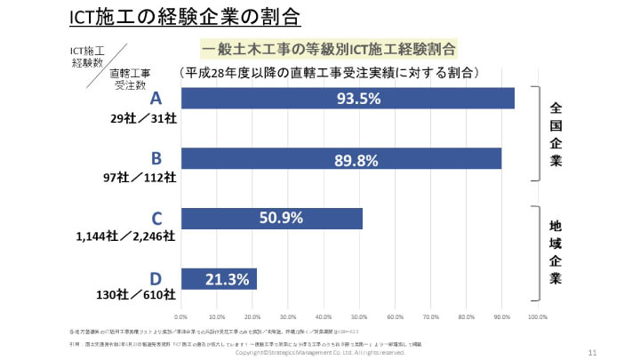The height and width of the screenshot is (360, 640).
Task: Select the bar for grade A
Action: (347, 98)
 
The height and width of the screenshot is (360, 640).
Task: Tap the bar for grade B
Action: (340, 159)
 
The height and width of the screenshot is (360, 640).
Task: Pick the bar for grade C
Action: (271, 218)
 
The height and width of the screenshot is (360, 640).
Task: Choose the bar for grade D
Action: (219, 278)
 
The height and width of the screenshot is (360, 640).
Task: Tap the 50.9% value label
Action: (281, 218)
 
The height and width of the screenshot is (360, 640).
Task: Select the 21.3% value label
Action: (226, 279)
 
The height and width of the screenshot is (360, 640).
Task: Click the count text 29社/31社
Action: (144, 118)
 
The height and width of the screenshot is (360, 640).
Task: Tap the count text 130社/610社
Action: (139, 294)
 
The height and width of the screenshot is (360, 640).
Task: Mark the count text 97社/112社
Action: (140, 178)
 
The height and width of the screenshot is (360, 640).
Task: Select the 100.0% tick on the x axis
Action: (536, 316)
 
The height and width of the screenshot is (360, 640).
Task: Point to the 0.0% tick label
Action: (181, 316)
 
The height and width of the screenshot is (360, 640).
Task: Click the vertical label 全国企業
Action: (557, 133)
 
